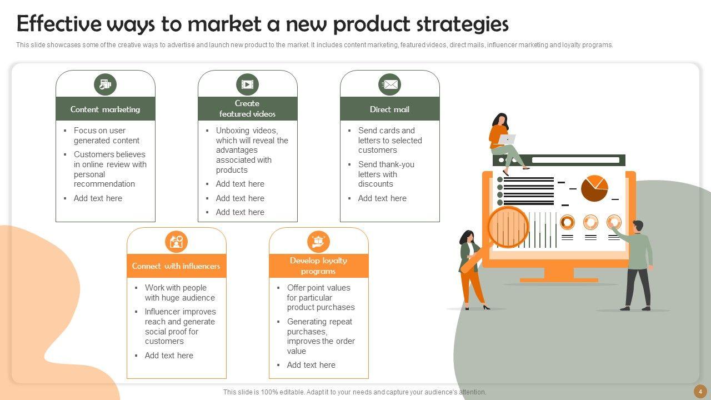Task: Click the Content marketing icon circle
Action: point(105,84)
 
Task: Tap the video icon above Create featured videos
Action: point(247,84)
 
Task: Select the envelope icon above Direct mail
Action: point(389,84)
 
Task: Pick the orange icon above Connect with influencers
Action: point(176,242)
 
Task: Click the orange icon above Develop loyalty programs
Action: point(318,242)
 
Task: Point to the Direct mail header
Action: point(389,109)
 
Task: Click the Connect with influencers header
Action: point(176,266)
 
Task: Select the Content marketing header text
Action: point(105,109)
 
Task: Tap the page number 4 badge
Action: point(700,391)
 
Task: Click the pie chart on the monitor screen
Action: point(594,188)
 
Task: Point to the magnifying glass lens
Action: point(508,227)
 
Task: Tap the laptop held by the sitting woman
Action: point(507,139)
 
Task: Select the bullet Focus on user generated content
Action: point(106,136)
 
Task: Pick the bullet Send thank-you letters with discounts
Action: point(386,174)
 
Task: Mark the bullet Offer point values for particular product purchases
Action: point(321,297)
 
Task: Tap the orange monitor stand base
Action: point(558,279)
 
